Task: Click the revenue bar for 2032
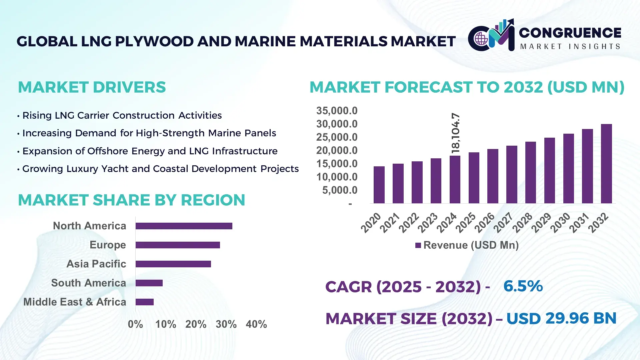pyautogui.click(x=606, y=164)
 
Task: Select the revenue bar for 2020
pyautogui.click(x=379, y=185)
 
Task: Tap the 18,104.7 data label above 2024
pyautogui.click(x=455, y=133)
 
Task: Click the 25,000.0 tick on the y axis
pyautogui.click(x=337, y=137)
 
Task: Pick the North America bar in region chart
pyautogui.click(x=184, y=226)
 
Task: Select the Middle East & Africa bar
pyautogui.click(x=144, y=302)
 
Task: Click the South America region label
pyautogui.click(x=88, y=283)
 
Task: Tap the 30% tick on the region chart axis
pyautogui.click(x=226, y=324)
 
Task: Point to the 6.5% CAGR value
pyautogui.click(x=523, y=286)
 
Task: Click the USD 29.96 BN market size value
pyautogui.click(x=561, y=318)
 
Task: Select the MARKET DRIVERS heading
pyautogui.click(x=92, y=87)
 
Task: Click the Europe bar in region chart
pyautogui.click(x=178, y=245)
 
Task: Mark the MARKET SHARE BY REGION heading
pyautogui.click(x=131, y=200)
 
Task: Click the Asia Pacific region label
pyautogui.click(x=96, y=264)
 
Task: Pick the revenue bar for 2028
pyautogui.click(x=530, y=172)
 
